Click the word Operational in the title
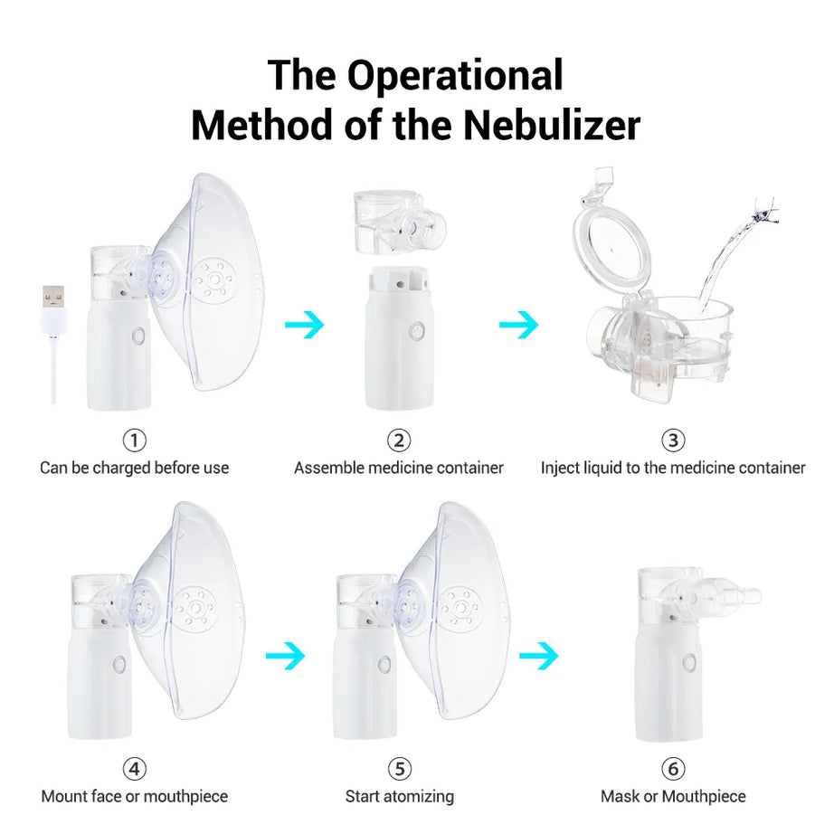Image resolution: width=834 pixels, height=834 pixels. pyautogui.click(x=455, y=74)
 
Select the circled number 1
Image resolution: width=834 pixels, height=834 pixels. pyautogui.click(x=134, y=441)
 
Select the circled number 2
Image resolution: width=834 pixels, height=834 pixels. pyautogui.click(x=399, y=441)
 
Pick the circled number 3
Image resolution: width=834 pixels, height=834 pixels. pyautogui.click(x=672, y=441)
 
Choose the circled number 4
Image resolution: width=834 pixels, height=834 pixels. pyautogui.click(x=134, y=769)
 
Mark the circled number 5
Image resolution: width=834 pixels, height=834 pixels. pyautogui.click(x=399, y=769)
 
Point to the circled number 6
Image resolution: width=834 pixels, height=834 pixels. pyautogui.click(x=672, y=769)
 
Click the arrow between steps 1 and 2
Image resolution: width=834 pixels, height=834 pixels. pyautogui.click(x=304, y=325)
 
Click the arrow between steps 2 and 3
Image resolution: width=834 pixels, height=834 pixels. pyautogui.click(x=518, y=325)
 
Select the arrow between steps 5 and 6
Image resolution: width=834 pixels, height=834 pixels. pyautogui.click(x=538, y=657)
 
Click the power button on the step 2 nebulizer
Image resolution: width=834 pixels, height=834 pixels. pyautogui.click(x=416, y=331)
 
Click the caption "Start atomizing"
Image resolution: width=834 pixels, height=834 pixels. pyautogui.click(x=399, y=797)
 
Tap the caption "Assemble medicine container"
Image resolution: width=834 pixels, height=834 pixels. pyautogui.click(x=399, y=468)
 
